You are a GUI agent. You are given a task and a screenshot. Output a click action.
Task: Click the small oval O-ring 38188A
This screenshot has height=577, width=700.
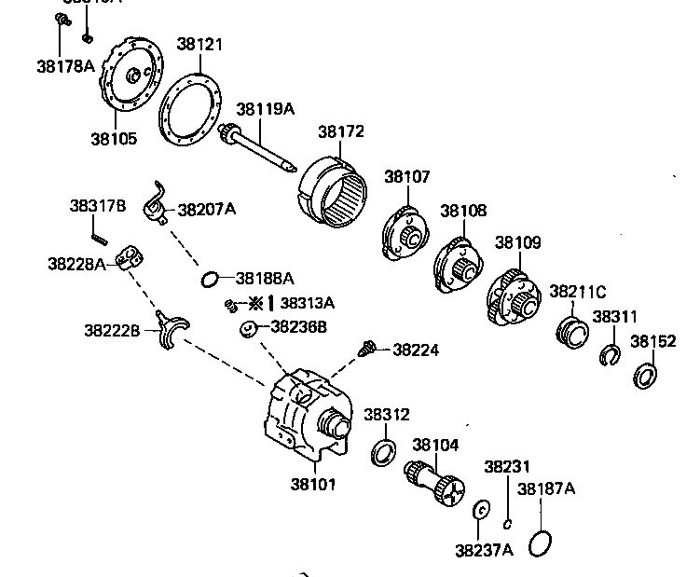[212, 278]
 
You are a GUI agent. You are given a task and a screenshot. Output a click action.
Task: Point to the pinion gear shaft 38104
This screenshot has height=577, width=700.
[434, 481]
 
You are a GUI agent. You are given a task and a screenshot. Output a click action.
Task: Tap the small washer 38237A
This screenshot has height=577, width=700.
[481, 511]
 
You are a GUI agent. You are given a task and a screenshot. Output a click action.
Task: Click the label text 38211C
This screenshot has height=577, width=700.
[577, 292]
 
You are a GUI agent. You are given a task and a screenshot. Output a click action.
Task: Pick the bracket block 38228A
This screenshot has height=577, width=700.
[127, 257]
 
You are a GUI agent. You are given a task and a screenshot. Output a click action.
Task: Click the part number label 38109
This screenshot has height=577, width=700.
[517, 242]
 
